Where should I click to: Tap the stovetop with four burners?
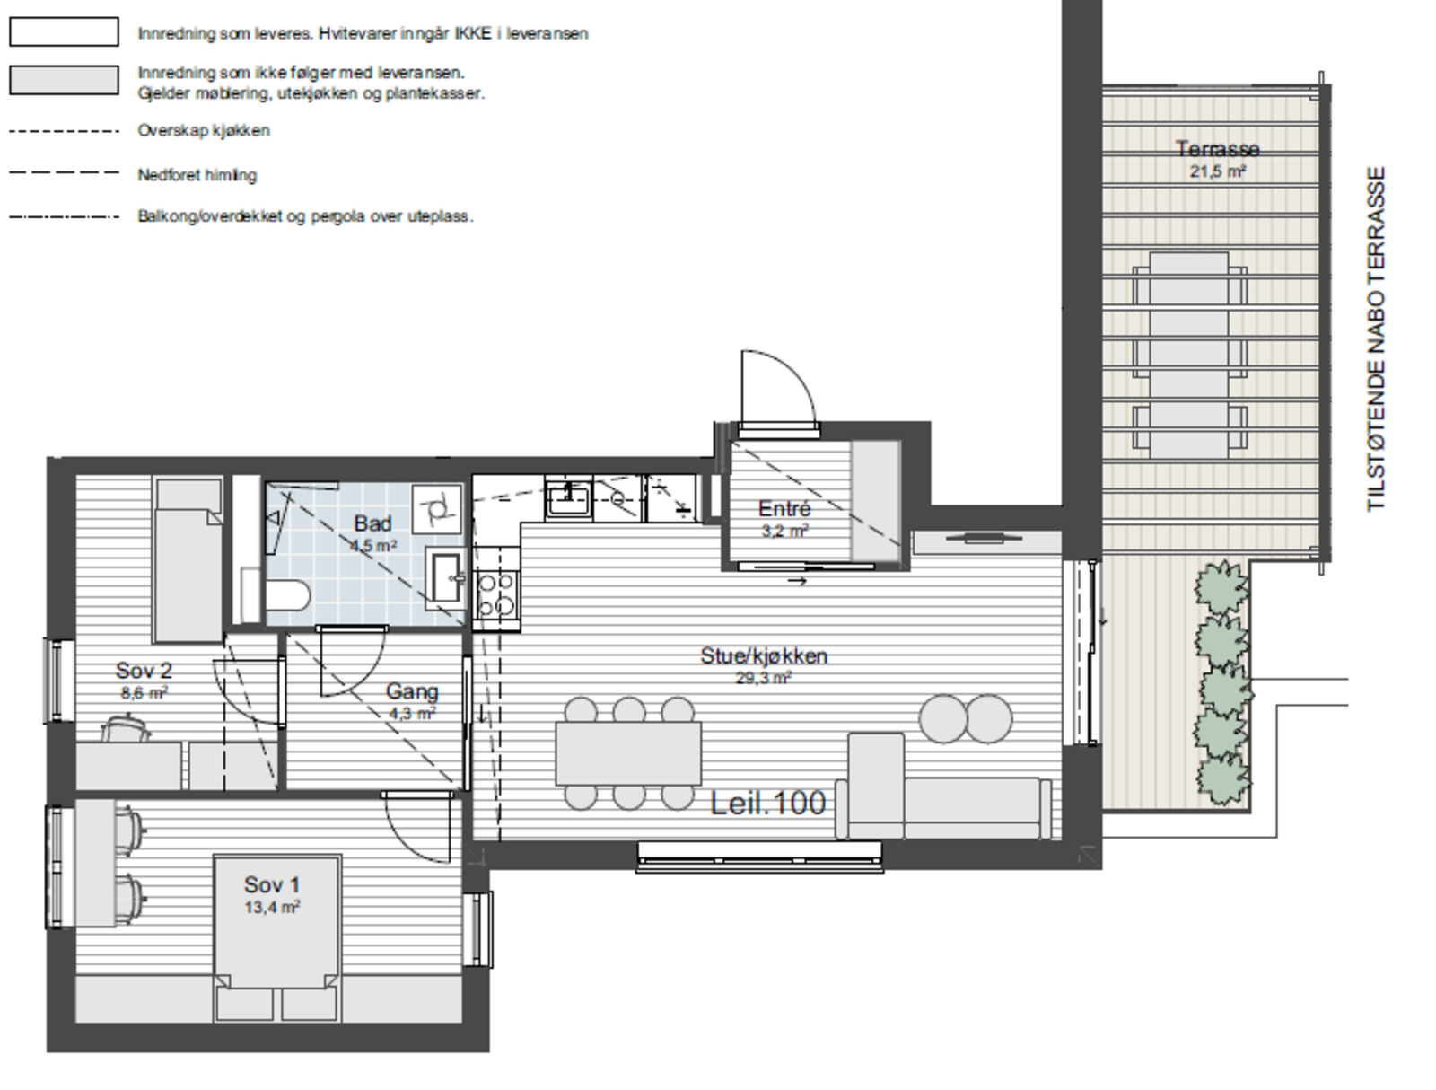click(x=496, y=594)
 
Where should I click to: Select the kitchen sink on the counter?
click(x=568, y=499)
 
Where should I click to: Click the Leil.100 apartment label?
click(x=767, y=803)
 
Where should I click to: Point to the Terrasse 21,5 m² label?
click(x=1217, y=159)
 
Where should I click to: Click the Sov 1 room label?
click(x=272, y=894)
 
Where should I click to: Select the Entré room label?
click(x=784, y=518)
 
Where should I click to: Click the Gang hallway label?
click(x=412, y=700)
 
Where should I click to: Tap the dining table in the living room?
click(x=628, y=753)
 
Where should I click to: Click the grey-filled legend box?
click(x=64, y=80)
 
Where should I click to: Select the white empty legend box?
click(x=64, y=32)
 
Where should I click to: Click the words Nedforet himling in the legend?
click(x=197, y=175)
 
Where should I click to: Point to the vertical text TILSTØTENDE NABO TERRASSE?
click(x=1376, y=338)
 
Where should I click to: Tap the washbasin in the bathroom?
click(x=446, y=576)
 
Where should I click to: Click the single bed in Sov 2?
click(x=188, y=560)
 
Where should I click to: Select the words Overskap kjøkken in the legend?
click(x=204, y=131)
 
